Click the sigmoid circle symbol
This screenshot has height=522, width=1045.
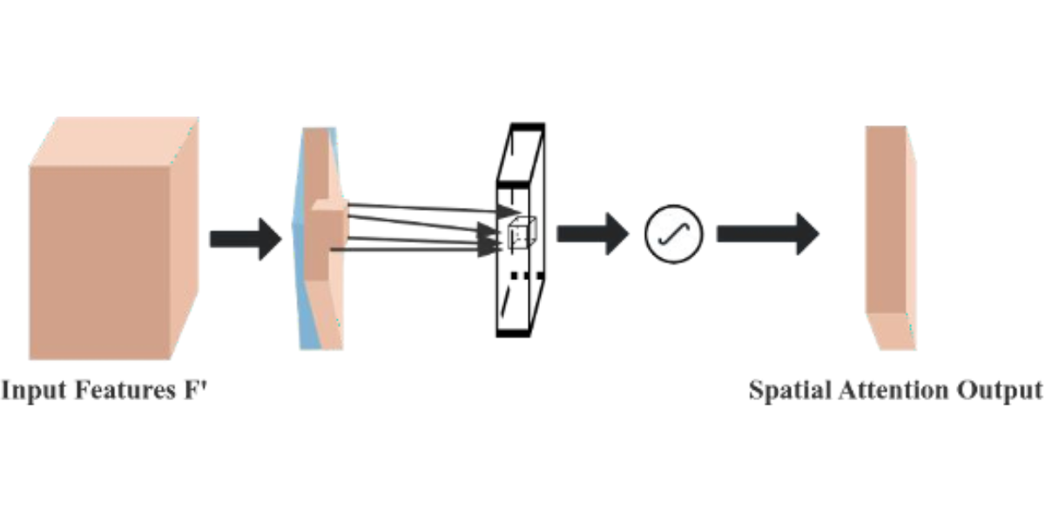(673, 235)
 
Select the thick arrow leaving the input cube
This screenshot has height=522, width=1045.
(246, 238)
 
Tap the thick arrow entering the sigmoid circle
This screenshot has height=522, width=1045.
(591, 234)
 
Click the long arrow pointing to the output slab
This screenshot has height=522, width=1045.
(766, 234)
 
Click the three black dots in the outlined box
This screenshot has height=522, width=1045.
(526, 276)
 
